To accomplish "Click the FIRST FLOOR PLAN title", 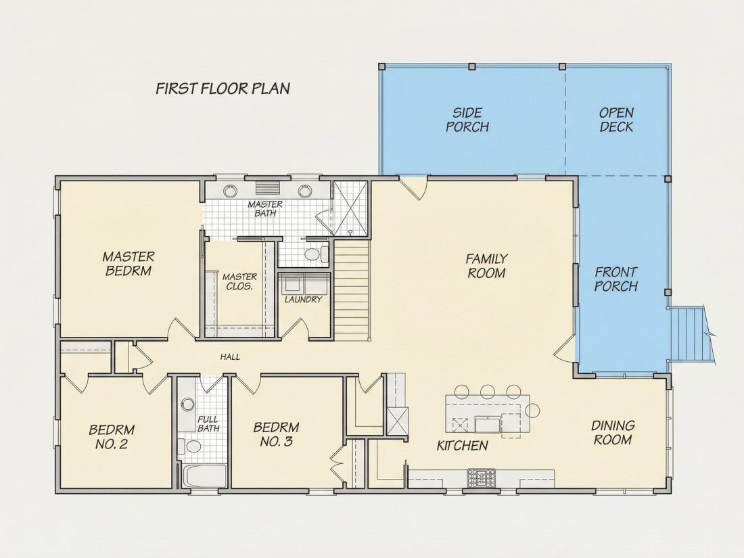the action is coord(223,89).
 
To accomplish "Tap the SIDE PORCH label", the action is coord(467,120).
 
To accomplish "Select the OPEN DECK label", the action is coord(616,120).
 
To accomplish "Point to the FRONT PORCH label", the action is coord(616,279).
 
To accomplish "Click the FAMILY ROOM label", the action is coord(486,266).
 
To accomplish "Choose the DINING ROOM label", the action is coord(613,432).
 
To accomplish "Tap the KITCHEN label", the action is coord(462,446).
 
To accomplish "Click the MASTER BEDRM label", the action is coord(129,264).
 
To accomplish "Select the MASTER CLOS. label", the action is coord(239,281).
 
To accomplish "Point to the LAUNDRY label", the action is coord(303,300).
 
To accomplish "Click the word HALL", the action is coord(230,357).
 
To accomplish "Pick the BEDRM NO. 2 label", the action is coord(112,437).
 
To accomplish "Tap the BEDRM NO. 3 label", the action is coord(276,435).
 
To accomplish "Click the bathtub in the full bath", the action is coord(204,476).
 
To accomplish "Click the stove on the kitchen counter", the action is coord(481,478).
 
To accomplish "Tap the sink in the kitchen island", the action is coord(488,423).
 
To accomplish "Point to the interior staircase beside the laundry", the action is coord(352,290).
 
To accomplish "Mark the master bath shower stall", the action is coord(350,209).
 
